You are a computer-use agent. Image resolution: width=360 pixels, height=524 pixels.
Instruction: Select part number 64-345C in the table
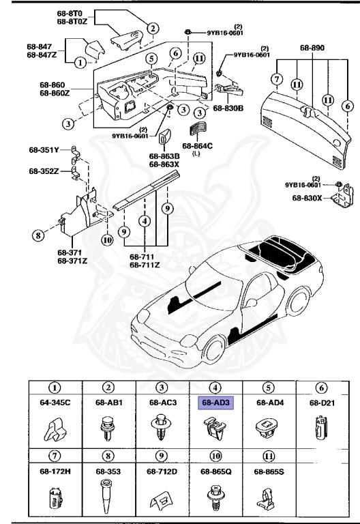(x=57, y=403)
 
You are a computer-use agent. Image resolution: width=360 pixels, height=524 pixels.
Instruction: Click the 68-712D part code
(x=162, y=471)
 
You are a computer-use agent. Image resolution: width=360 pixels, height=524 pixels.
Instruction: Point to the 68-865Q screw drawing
(x=215, y=495)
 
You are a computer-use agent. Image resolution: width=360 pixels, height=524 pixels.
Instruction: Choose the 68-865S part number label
(x=269, y=471)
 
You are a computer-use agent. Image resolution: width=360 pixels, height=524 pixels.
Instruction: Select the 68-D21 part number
(x=322, y=403)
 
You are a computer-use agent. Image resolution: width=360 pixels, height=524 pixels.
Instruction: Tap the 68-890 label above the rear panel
(x=313, y=49)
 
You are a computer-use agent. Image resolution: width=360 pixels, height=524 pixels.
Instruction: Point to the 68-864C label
(x=197, y=146)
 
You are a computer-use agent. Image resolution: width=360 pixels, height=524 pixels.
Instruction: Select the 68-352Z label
(x=44, y=171)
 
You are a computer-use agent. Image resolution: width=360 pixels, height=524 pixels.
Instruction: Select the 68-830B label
(x=228, y=108)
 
